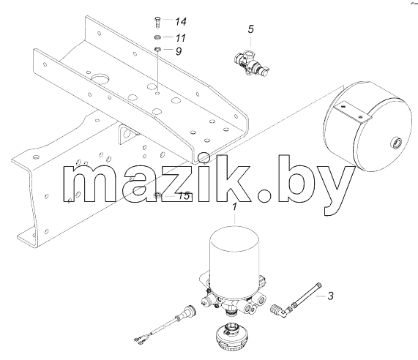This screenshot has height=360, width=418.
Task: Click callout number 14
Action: pos(181,21)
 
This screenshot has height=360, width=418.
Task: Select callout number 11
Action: pos(181,38)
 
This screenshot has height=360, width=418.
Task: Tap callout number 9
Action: pos(179,51)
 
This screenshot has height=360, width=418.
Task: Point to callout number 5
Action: pos(250,29)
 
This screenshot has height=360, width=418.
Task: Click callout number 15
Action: pos(184,196)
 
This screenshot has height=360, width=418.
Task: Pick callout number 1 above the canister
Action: pos(234,207)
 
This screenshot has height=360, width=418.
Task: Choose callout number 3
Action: pos(330,296)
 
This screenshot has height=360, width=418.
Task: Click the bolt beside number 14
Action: pos(157,21)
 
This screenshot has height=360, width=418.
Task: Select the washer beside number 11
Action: pos(157,37)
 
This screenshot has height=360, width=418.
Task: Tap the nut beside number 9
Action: pos(157,48)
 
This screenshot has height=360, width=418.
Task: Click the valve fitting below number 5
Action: pos(251,63)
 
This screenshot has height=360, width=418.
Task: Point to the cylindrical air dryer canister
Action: pos(234,253)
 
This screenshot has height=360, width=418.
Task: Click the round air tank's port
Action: pos(397,143)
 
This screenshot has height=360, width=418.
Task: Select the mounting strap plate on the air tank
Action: pos(352,112)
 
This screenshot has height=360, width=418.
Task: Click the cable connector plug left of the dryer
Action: pos(187,312)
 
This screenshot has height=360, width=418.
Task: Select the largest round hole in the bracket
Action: pos(100,79)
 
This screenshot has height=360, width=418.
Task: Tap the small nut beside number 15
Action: pos(157,195)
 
